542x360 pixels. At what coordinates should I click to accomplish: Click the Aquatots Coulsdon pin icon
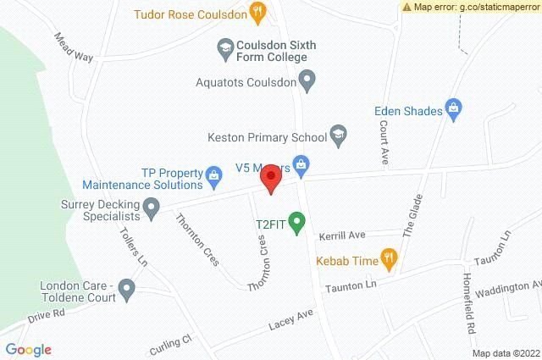308,82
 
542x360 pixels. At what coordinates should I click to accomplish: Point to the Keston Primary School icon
338,136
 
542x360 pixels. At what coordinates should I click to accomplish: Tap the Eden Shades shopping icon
454,108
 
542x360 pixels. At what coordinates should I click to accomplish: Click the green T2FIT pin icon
296,223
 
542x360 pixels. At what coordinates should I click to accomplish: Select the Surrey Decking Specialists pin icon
152,205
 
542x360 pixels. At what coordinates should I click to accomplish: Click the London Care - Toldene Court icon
127,291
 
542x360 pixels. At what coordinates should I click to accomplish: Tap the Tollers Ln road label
128,248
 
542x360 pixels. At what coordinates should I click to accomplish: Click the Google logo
28,349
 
